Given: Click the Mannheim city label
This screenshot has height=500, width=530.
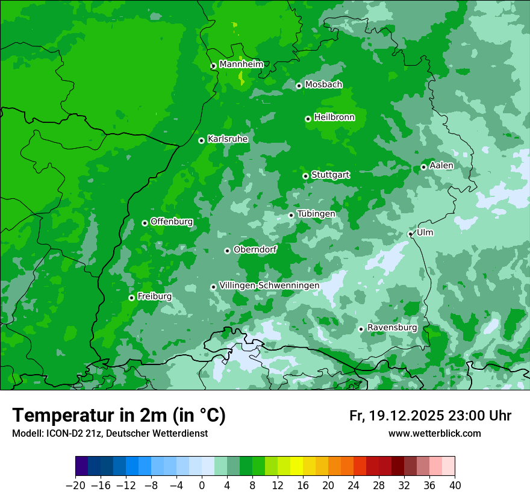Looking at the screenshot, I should click(241, 64).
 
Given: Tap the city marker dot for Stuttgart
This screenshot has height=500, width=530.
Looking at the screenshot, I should click(306, 176).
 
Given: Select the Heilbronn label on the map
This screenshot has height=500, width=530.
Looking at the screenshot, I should click(334, 117).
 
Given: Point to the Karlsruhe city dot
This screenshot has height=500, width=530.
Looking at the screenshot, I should click(202, 140).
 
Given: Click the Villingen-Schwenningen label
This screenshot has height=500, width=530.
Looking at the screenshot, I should click(269, 286).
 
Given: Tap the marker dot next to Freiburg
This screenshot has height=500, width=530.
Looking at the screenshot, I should click(131, 298).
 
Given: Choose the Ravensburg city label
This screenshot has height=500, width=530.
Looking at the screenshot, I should click(392, 328).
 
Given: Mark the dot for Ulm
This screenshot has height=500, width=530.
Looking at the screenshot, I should click(411, 234).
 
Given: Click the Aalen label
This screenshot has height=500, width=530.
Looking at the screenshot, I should click(441, 166).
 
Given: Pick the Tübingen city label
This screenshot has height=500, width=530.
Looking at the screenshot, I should click(316, 214).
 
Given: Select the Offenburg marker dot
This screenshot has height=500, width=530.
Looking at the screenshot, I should click(145, 223).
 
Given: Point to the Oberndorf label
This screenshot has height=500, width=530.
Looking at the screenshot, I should click(255, 249).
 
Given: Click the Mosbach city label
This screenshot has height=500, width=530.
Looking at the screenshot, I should click(323, 85).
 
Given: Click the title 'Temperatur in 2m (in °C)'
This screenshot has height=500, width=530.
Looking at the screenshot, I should click(119, 416).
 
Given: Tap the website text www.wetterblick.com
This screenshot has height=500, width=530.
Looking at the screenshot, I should click(434, 434).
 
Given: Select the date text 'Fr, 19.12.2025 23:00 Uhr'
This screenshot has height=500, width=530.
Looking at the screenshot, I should click(430, 416).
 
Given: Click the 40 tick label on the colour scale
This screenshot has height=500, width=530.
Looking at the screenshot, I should click(455, 486).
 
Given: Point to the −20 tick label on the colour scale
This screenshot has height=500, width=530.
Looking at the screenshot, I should click(75, 486).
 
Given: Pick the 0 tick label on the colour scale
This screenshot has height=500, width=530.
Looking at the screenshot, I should click(202, 486).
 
